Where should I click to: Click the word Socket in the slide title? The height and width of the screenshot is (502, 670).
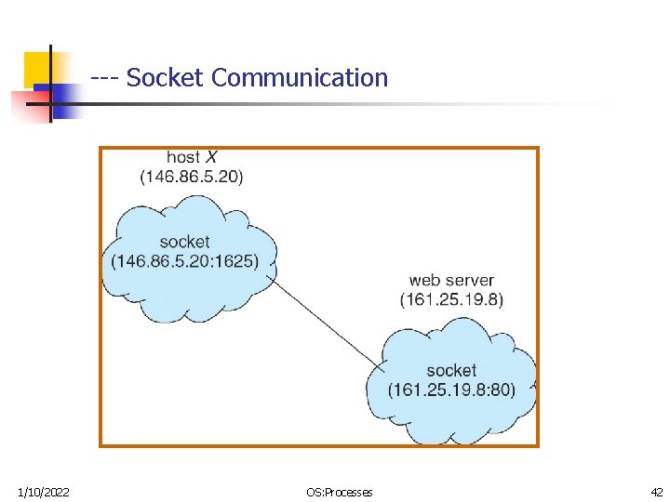point(164,78)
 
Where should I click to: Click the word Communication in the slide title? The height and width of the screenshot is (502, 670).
point(300,78)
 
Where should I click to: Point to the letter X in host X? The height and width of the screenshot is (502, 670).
point(210,158)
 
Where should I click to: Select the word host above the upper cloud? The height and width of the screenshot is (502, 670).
point(183,158)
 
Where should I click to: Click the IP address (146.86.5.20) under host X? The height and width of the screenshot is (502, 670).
point(192,177)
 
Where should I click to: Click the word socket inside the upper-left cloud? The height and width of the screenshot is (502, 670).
point(184,242)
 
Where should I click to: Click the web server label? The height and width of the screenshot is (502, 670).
point(451,280)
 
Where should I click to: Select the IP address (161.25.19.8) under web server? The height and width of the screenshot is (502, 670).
point(451,299)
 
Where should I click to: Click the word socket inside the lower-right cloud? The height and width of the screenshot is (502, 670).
point(451,371)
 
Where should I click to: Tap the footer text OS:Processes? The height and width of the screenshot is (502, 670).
point(339,492)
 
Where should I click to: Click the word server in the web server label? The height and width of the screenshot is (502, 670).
point(470,280)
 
